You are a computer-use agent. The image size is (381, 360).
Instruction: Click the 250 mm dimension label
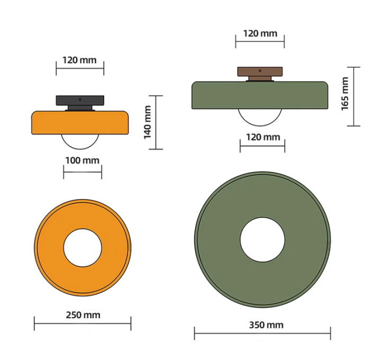pos(83,315)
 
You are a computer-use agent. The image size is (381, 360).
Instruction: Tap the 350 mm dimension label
pos(266,325)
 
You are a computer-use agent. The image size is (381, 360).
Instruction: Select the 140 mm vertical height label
pos(148,122)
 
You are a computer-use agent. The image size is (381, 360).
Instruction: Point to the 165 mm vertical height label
pos(345,94)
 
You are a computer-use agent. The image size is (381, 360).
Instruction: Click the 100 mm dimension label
pos(82,160)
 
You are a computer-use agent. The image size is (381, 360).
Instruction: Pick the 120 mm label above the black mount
pos(79,60)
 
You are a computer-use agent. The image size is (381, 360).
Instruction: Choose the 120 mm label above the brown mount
pos(260,33)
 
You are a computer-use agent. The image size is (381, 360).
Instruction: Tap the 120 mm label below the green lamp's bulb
pos(263,137)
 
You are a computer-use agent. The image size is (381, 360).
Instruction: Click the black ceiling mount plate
pos(80,101)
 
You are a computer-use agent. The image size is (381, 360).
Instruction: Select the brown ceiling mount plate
pos(260,71)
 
